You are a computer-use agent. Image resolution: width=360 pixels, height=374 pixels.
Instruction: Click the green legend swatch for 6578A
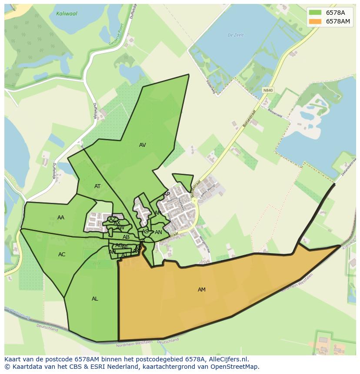coord(315,13)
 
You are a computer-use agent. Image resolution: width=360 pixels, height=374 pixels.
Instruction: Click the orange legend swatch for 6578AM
coord(315,21)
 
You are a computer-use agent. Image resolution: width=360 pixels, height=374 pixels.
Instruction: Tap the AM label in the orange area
coord(202,290)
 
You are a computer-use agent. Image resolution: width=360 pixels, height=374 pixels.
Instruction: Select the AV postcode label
coord(143,145)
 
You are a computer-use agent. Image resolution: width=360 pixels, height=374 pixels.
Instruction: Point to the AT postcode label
coord(97,186)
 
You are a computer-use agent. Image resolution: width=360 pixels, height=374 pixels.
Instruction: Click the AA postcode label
coord(61,218)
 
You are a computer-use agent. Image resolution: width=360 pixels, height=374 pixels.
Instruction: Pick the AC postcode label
coord(62,255)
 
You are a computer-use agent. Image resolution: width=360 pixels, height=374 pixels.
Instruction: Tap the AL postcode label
coord(95,299)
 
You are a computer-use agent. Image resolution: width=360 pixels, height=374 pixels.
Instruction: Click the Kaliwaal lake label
coord(67,14)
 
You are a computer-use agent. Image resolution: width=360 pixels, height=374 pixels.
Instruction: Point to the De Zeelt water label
coord(235,35)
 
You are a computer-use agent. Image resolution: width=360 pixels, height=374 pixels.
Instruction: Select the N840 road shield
coord(268,90)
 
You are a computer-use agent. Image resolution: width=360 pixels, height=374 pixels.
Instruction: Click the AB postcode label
coord(126,237)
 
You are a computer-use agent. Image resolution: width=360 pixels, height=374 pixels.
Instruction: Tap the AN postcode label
coord(158,232)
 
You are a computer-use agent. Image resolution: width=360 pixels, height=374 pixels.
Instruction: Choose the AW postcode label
coord(120,228)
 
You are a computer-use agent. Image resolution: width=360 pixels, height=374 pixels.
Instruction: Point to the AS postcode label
coord(145,232)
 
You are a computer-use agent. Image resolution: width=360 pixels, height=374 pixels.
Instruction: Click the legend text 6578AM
coord(338,21)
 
